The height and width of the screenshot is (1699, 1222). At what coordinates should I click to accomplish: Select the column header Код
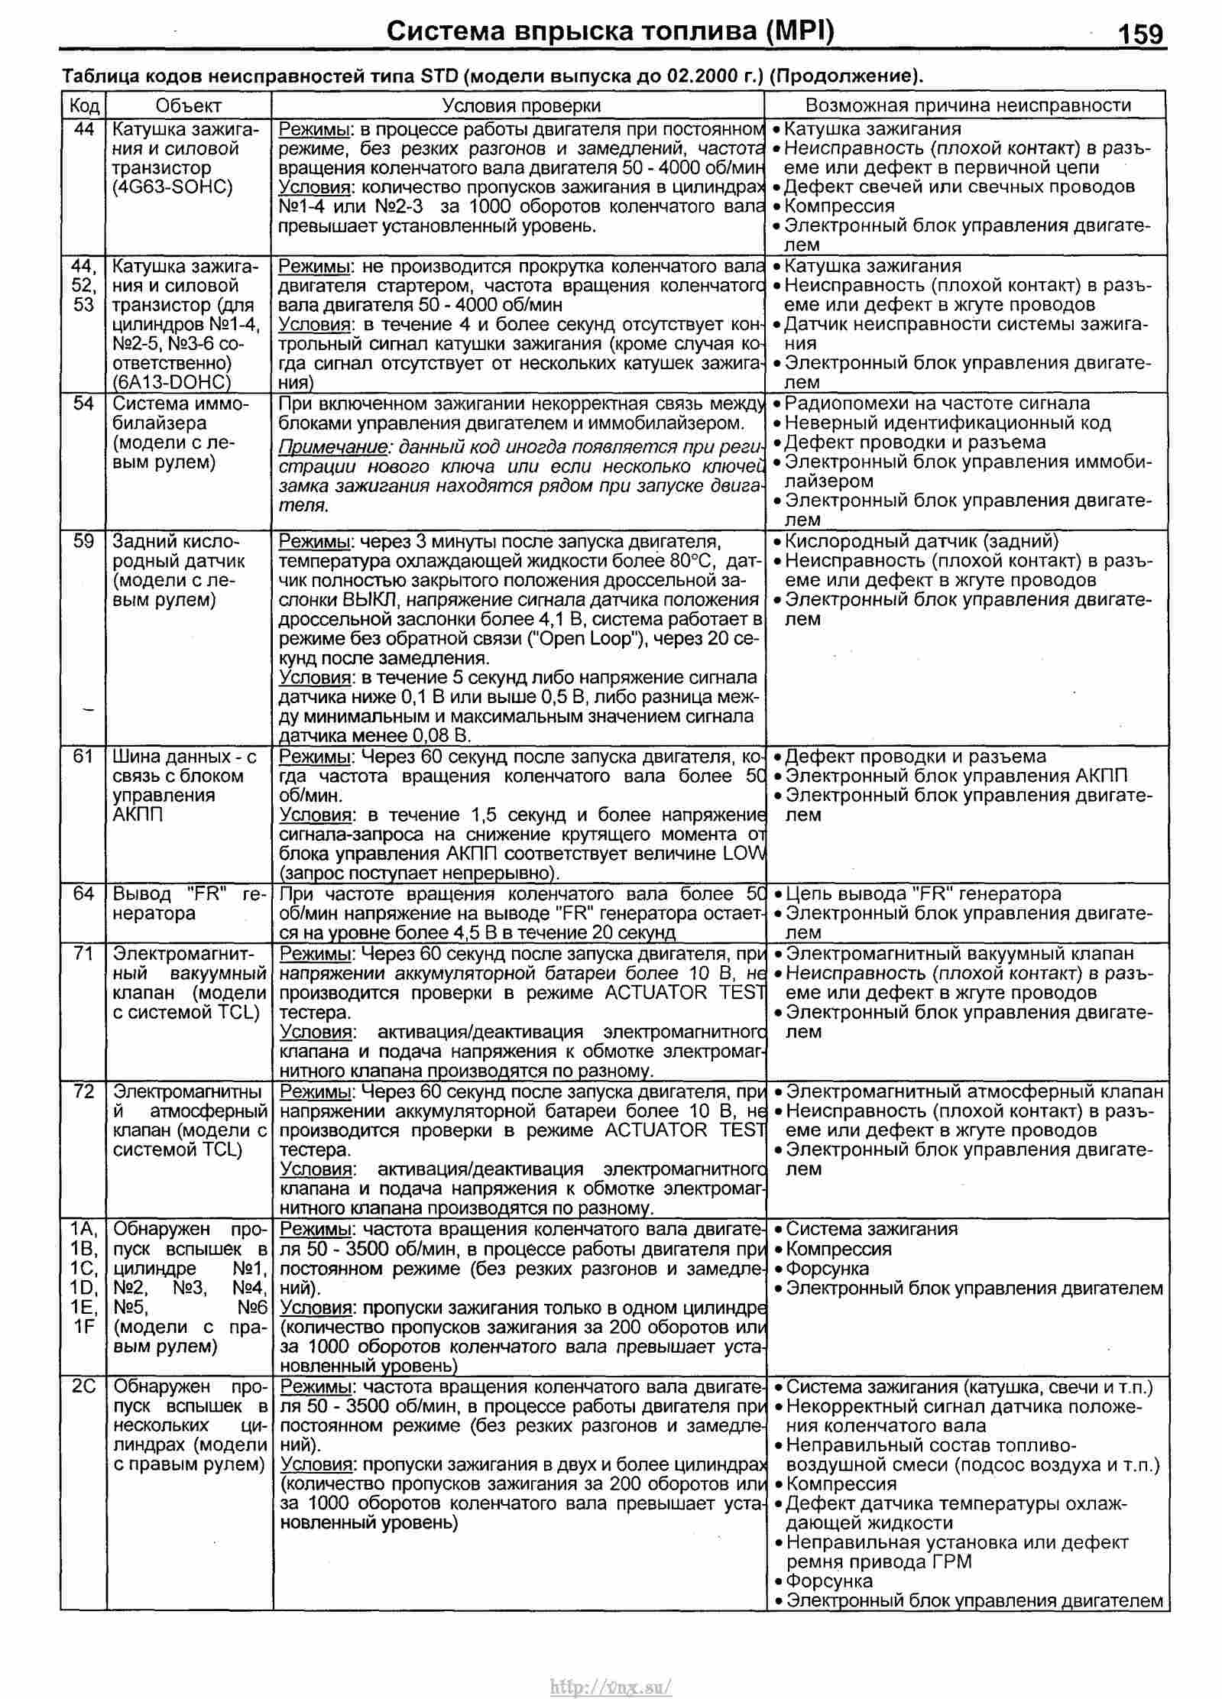83,105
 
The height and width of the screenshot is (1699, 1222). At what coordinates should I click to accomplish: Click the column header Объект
188,105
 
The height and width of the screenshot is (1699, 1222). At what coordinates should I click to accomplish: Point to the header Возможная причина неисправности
968,105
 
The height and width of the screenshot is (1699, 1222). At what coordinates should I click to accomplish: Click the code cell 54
83,404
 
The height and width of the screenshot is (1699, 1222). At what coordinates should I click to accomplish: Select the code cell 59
83,541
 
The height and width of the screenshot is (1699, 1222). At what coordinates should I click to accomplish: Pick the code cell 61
83,756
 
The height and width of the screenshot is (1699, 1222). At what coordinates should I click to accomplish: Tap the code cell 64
83,893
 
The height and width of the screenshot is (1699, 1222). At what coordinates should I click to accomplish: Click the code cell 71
83,954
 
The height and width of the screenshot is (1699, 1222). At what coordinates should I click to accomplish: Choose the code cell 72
83,1091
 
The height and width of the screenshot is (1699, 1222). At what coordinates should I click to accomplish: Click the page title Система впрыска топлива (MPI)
611,31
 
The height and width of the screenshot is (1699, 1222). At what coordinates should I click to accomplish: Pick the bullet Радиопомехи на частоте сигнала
937,404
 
